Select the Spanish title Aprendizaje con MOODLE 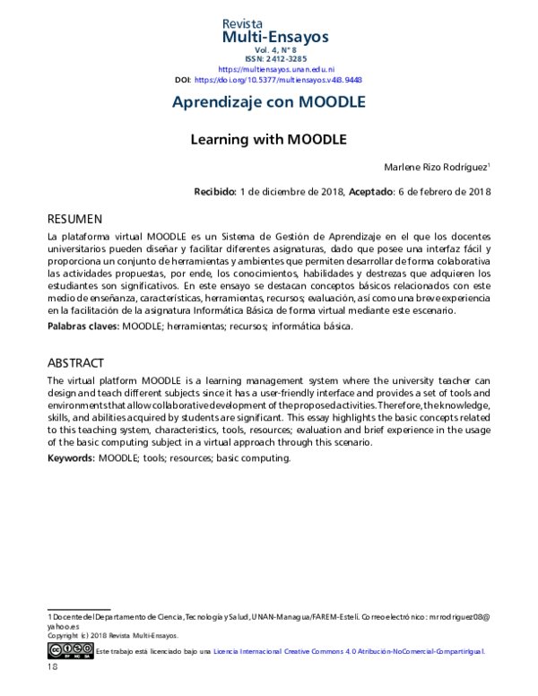pyautogui.click(x=268, y=102)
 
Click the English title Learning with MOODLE pyautogui.click(x=268, y=140)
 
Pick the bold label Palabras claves pyautogui.click(x=82, y=326)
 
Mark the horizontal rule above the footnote pyautogui.click(x=78, y=609)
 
